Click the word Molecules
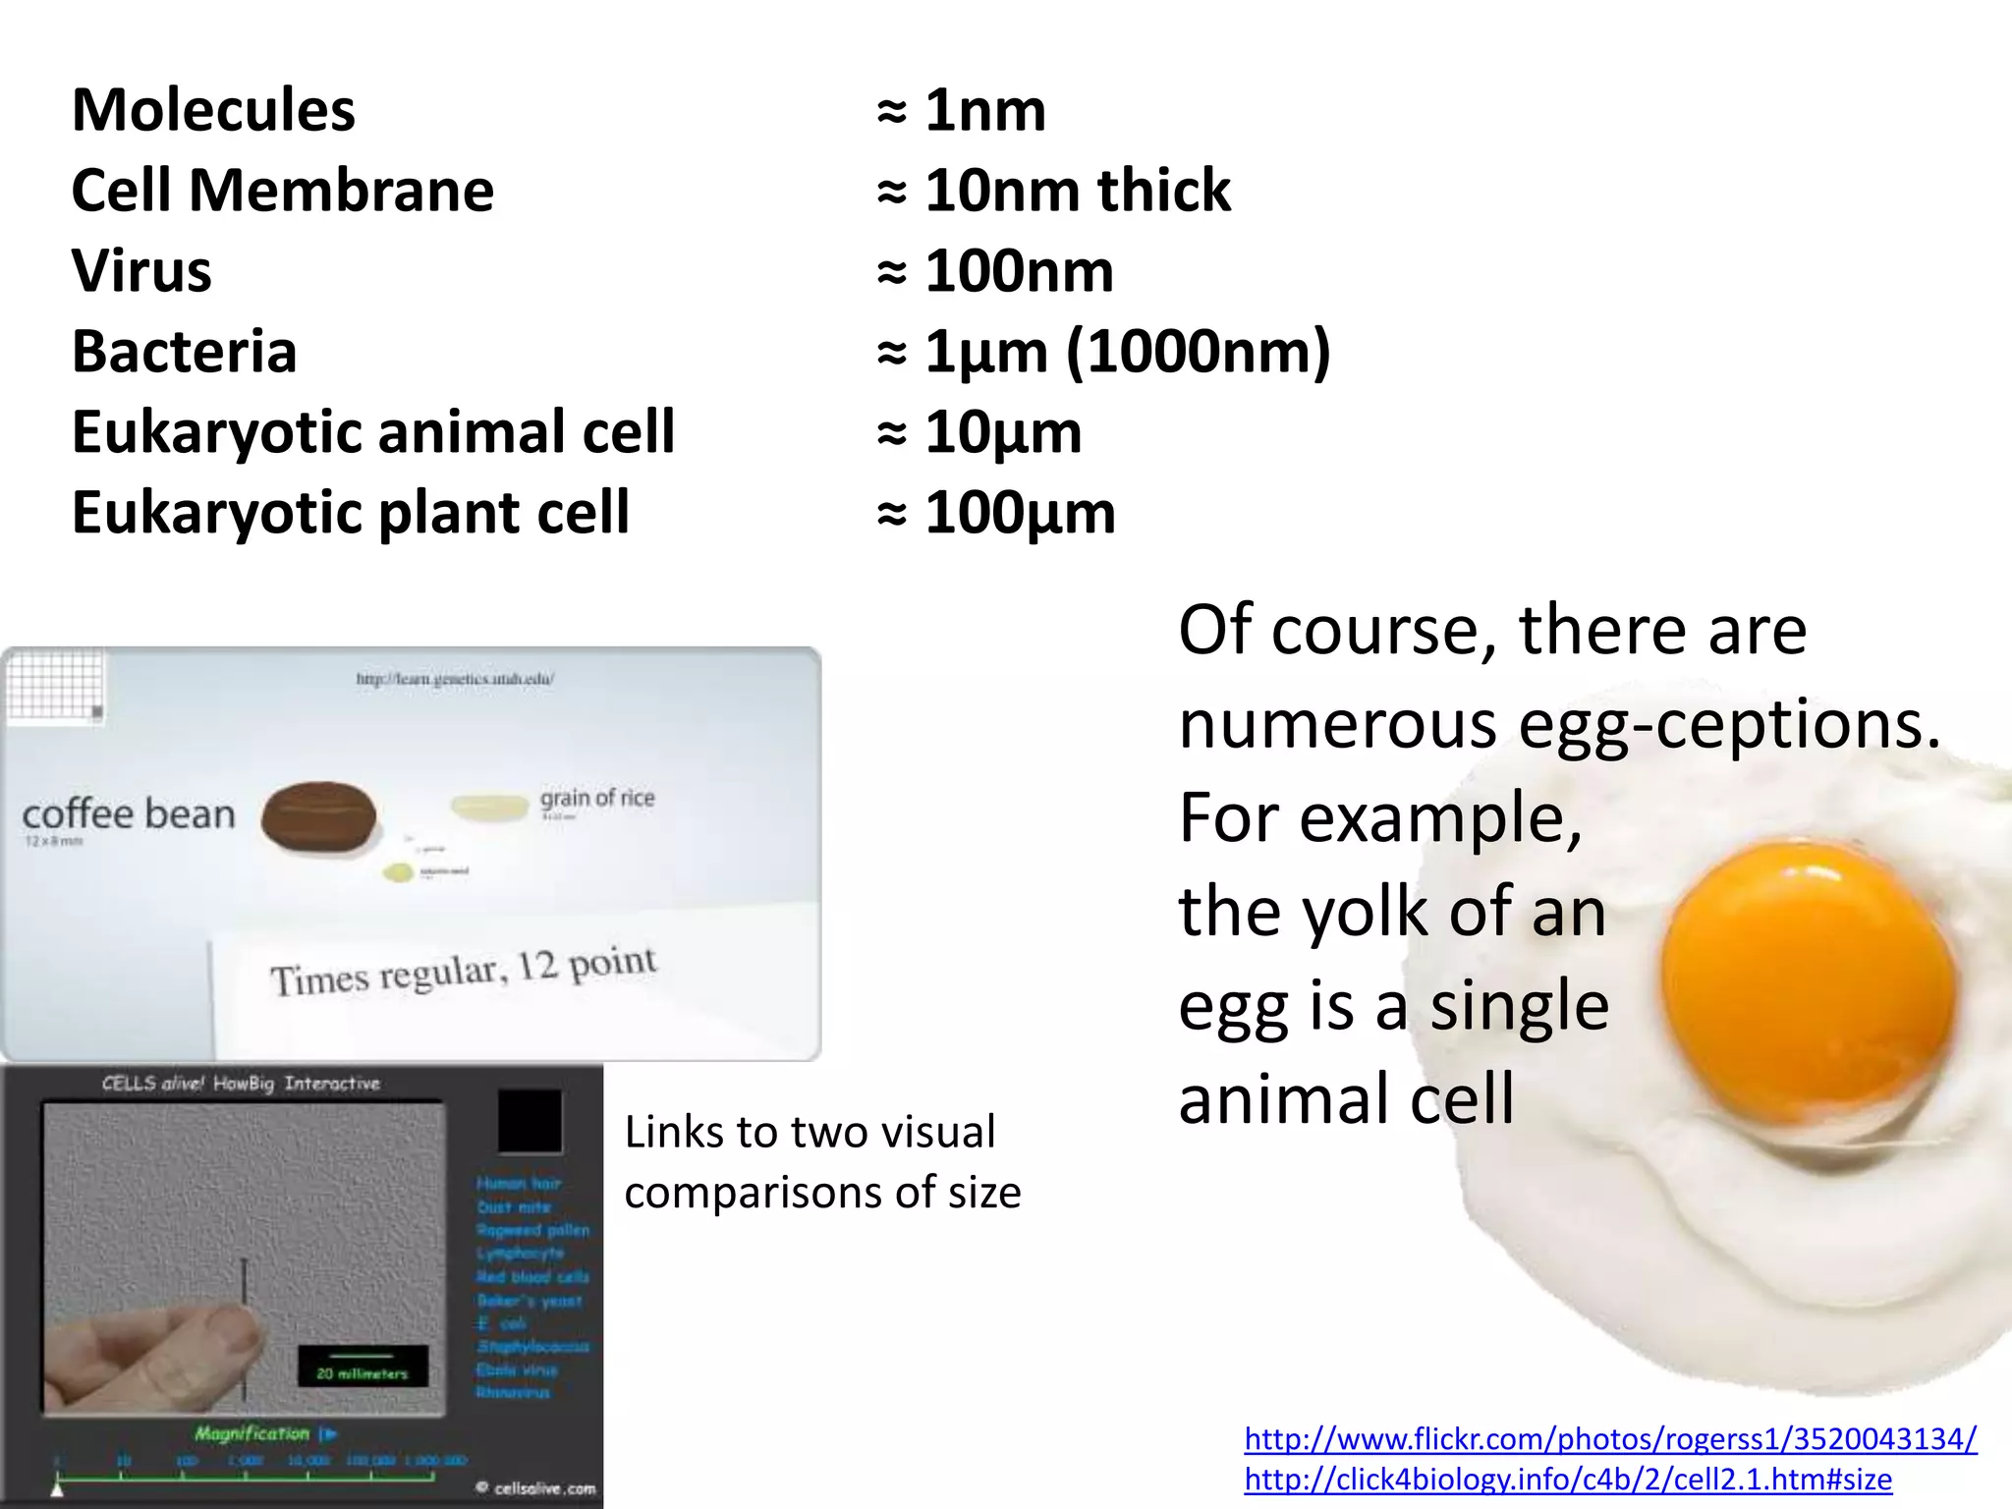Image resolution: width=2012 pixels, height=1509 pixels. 213,109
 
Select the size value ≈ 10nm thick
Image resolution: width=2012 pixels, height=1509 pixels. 1053,190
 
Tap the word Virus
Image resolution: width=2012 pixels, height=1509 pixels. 141,270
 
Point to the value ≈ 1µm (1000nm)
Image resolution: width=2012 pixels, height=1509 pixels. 1103,351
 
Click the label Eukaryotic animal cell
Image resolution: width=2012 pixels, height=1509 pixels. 373,431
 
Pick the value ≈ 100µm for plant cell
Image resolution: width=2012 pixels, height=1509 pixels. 996,512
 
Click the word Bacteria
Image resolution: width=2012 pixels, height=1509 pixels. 184,351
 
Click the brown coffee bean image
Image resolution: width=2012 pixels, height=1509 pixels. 318,816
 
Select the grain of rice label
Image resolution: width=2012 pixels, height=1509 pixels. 596,798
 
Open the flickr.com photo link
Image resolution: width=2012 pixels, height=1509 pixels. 1610,1438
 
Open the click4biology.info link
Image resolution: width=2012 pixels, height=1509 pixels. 1568,1479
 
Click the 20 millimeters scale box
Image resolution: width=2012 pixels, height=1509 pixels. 363,1367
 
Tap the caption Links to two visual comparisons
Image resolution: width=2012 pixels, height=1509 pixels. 822,1161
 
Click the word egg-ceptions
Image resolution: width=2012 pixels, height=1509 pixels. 1729,724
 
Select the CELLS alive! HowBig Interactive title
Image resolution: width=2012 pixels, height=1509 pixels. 241,1084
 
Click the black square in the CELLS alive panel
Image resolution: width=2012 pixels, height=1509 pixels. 530,1120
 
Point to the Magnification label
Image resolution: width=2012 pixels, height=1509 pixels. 251,1433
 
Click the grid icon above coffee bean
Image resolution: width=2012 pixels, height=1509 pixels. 55,687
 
